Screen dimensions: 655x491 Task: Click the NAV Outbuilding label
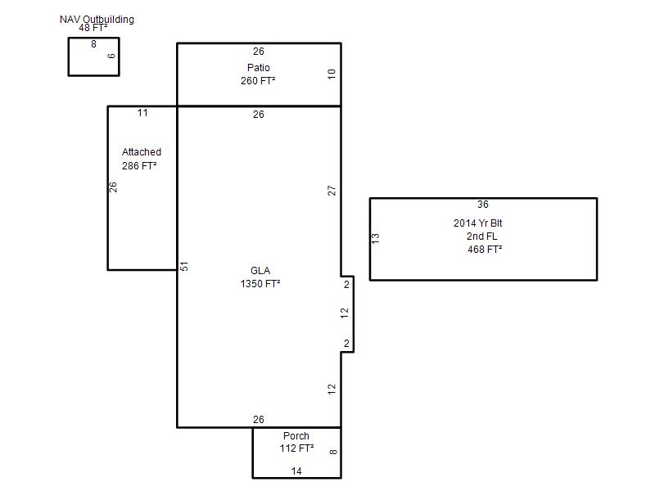(x=97, y=20)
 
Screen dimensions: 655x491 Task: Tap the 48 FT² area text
(x=93, y=28)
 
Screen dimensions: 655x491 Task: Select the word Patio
(x=259, y=68)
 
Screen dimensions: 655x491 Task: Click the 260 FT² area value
(x=258, y=80)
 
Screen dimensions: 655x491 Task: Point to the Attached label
(x=142, y=152)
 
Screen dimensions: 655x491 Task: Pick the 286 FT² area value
(x=139, y=166)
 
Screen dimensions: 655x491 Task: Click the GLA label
(x=260, y=271)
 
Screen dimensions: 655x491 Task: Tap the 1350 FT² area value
(x=260, y=284)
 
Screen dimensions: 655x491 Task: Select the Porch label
(x=296, y=436)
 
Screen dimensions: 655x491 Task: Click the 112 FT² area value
(x=296, y=448)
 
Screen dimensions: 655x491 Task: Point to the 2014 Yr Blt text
(x=478, y=223)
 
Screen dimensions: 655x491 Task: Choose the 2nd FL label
(x=482, y=236)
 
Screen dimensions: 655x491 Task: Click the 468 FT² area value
(x=485, y=250)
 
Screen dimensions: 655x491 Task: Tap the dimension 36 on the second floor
(x=483, y=205)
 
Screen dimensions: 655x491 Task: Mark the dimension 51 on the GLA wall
(x=184, y=267)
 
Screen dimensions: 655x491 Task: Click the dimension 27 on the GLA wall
(x=332, y=191)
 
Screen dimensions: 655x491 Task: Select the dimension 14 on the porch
(x=296, y=471)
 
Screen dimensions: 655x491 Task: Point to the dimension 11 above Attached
(x=142, y=113)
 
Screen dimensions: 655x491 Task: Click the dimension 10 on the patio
(x=332, y=74)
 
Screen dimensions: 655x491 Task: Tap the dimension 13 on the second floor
(x=376, y=238)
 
